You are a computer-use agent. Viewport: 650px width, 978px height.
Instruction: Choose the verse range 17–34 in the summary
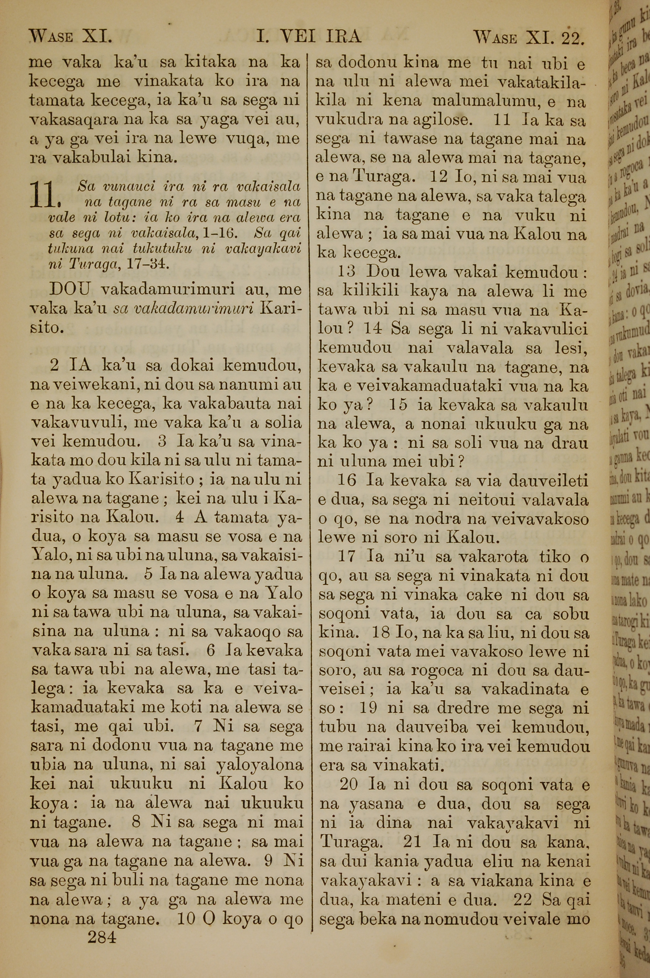143,264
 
